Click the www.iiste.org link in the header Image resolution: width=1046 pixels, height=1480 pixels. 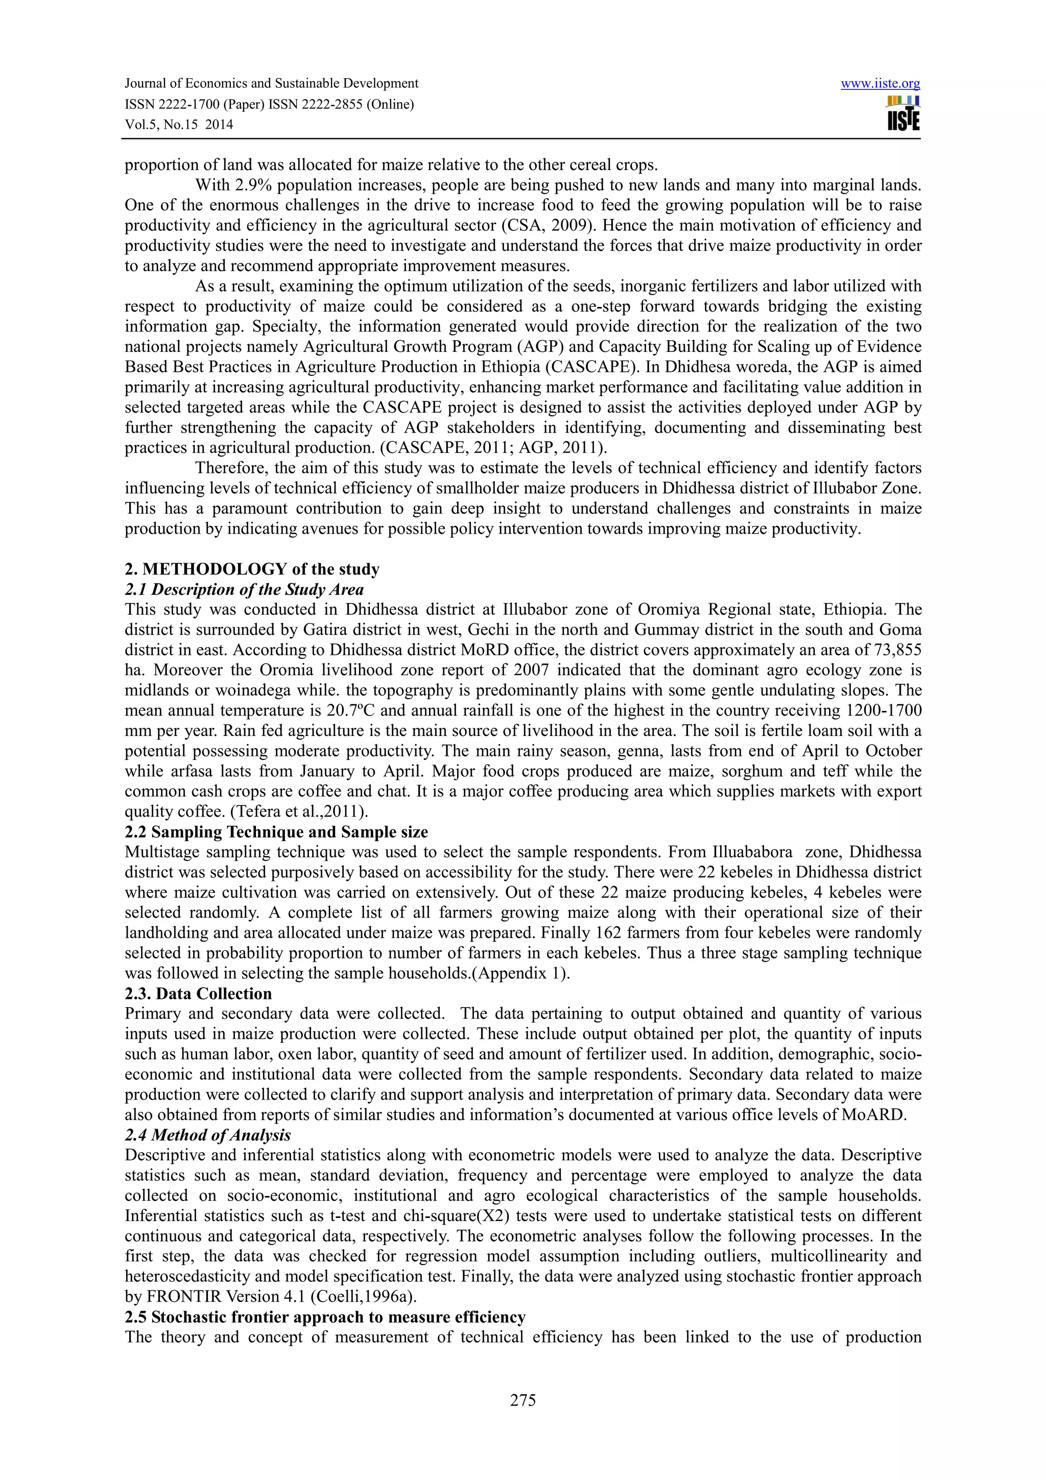click(881, 84)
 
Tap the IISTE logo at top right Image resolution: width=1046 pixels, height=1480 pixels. click(903, 113)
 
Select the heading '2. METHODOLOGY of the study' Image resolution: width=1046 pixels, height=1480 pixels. click(252, 569)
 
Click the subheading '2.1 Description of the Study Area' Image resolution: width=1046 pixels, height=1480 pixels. click(244, 589)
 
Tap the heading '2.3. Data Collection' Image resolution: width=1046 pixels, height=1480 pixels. click(199, 993)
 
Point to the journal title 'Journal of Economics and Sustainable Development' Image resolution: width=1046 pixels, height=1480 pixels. click(271, 84)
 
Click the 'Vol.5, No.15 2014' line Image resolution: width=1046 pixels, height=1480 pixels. click(179, 125)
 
